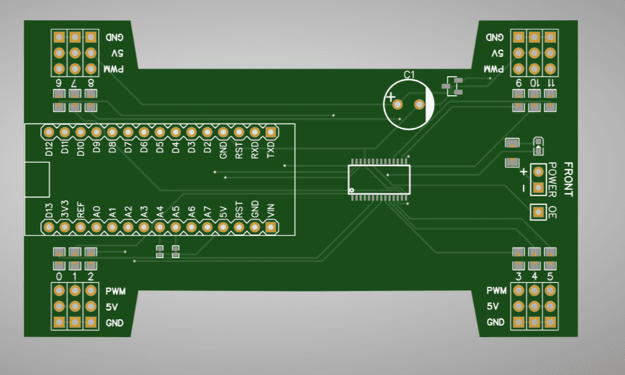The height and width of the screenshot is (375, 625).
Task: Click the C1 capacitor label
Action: point(408,75)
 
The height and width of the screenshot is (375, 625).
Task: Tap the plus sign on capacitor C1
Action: point(390,97)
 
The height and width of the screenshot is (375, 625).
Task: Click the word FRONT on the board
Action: point(568,180)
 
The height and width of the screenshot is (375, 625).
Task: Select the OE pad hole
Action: point(538,212)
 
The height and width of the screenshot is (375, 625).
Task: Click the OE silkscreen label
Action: point(553,212)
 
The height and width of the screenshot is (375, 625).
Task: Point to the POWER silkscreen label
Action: point(553,179)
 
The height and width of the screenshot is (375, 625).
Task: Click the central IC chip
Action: point(379,179)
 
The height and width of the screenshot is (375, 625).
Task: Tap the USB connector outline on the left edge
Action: point(36,180)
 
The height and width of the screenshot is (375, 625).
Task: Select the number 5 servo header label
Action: point(550,277)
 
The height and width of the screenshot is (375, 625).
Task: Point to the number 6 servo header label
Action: point(59,82)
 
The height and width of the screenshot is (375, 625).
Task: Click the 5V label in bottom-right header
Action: point(493,307)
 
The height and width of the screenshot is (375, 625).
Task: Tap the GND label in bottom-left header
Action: point(115,323)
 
